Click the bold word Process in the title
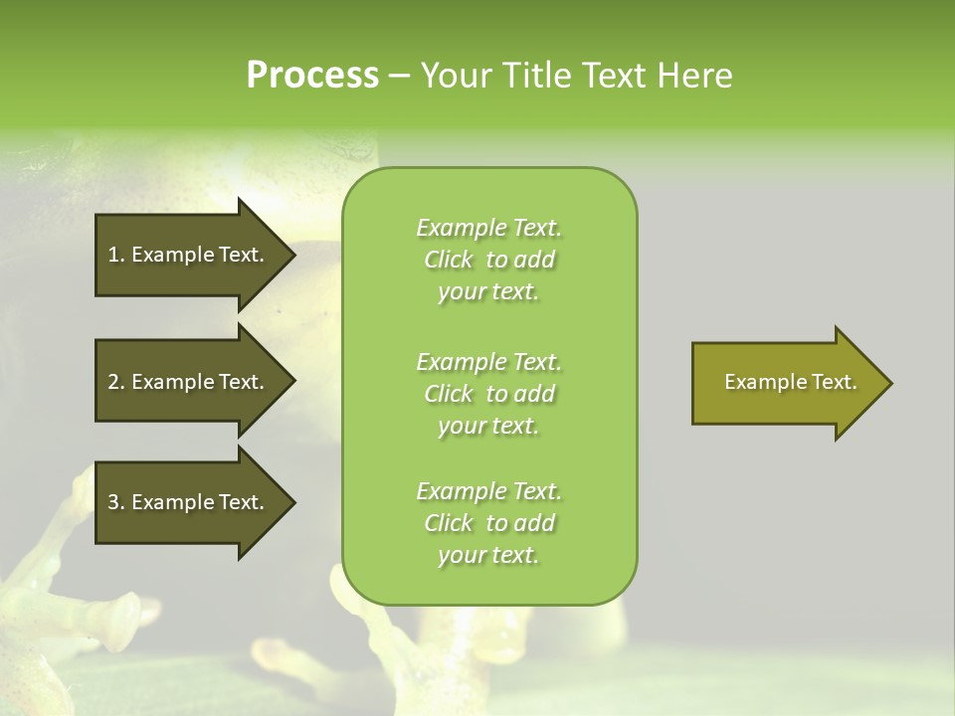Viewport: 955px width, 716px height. pyautogui.click(x=312, y=76)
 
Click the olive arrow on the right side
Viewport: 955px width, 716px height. pyautogui.click(x=786, y=383)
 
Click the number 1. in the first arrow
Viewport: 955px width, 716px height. pyautogui.click(x=115, y=255)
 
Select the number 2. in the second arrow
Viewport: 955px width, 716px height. pyautogui.click(x=115, y=382)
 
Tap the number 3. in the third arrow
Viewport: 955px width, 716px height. pyautogui.click(x=115, y=502)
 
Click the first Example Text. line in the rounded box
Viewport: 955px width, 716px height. pyautogui.click(x=488, y=228)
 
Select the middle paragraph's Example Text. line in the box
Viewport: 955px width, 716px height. pyautogui.click(x=488, y=361)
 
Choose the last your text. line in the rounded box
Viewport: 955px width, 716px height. pyautogui.click(x=488, y=556)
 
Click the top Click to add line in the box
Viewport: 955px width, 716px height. pyautogui.click(x=488, y=260)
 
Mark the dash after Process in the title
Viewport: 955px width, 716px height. pyautogui.click(x=400, y=77)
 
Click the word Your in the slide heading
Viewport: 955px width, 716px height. pyautogui.click(x=452, y=76)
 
